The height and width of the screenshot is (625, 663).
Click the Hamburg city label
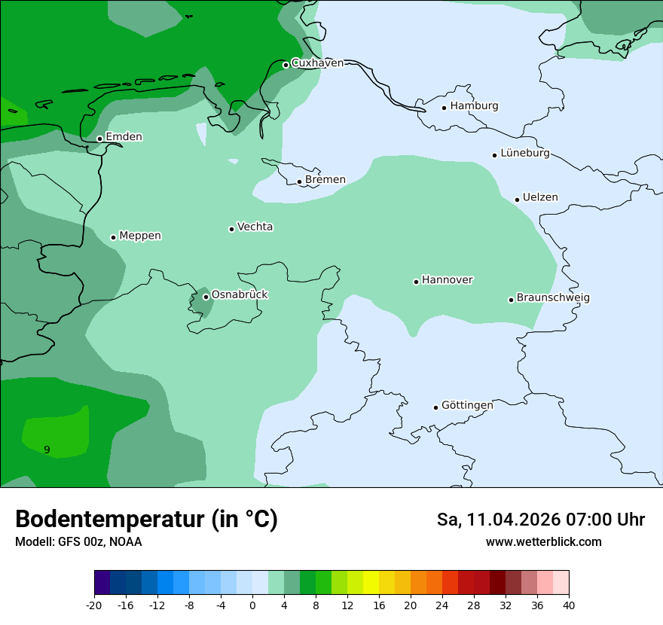tap(474, 106)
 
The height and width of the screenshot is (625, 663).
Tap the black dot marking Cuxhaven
tap(286, 65)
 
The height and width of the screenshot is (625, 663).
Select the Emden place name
tap(124, 137)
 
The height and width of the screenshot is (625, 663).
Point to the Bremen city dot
tap(299, 181)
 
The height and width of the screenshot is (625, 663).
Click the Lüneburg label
tap(524, 154)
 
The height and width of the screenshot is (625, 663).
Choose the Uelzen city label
tap(540, 198)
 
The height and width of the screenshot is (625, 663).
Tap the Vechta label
tap(255, 227)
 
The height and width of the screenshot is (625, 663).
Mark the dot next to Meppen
tap(113, 237)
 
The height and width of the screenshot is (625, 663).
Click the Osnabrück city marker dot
tap(206, 297)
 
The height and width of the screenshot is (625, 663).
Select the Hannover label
tap(447, 280)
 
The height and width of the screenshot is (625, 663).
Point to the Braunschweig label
tap(553, 298)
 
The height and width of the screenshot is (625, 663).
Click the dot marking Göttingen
tap(435, 407)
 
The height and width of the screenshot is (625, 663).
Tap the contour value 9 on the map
tap(47, 450)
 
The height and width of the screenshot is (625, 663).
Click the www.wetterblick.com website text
tap(543, 542)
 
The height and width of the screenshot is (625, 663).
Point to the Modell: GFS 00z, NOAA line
tap(78, 542)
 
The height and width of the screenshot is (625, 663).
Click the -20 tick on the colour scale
tap(94, 605)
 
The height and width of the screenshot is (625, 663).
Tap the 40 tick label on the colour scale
tap(569, 605)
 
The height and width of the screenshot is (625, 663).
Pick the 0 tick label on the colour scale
tap(252, 605)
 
